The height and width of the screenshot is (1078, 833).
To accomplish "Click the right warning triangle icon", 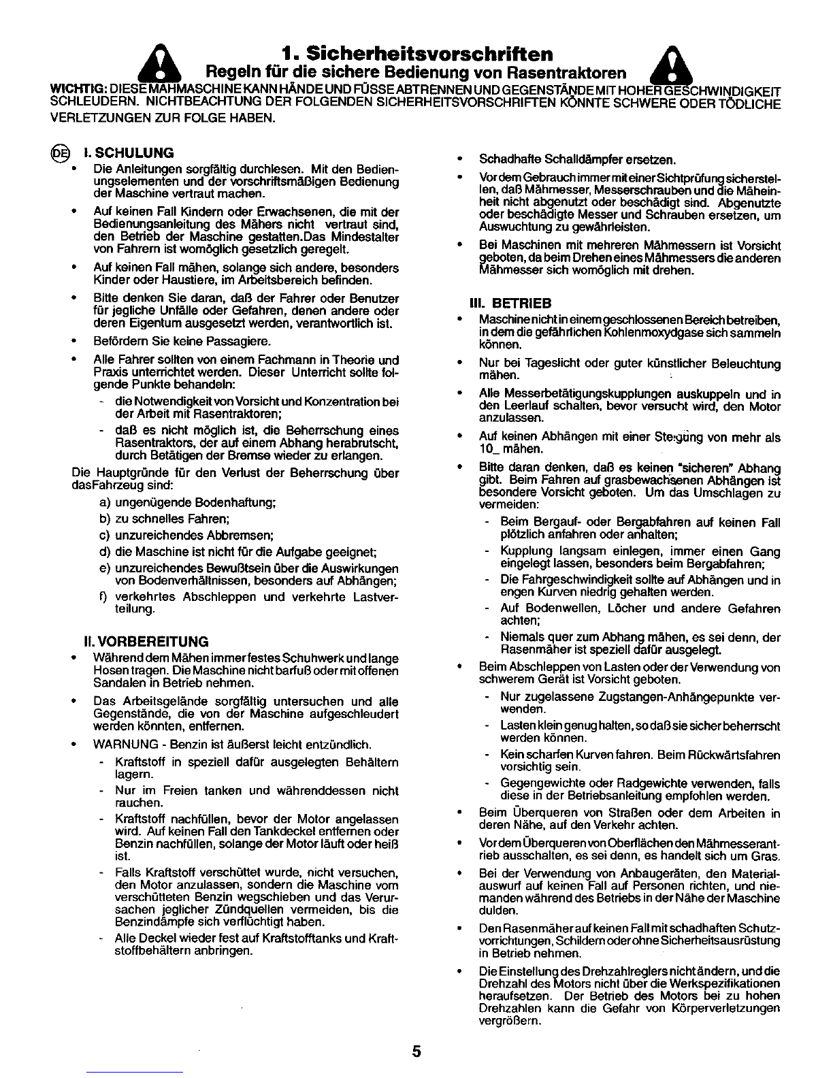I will (671, 66).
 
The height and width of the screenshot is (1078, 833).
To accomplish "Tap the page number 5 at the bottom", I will (416, 1051).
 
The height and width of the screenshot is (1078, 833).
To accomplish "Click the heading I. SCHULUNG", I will (128, 152).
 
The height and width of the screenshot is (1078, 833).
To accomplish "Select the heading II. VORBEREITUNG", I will (144, 642).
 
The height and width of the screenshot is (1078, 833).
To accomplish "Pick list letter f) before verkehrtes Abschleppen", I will (104, 597).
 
